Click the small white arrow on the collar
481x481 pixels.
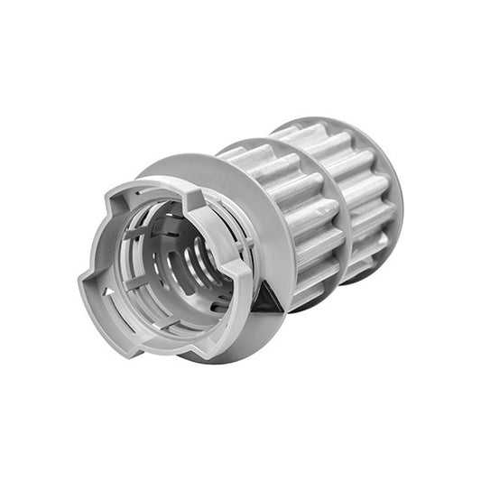[x=107, y=294]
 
